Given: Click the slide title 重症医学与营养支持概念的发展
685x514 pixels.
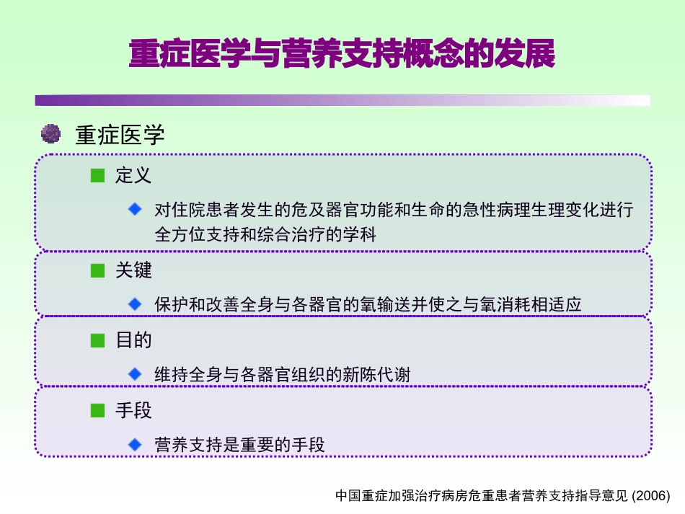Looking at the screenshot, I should pos(342,55).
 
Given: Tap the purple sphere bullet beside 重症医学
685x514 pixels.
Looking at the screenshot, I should pos(50,133).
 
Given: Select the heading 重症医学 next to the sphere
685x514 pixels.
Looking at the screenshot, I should pos(120,135).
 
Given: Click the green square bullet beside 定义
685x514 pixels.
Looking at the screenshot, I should pos(97,175).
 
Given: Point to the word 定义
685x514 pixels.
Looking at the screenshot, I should pos(133,175).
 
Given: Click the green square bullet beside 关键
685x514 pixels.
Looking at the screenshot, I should pos(97,270).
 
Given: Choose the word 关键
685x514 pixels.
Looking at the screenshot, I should pos(133,270).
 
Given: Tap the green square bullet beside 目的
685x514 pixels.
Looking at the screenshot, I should pos(97,340).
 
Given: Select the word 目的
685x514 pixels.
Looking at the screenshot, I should pos(133,340).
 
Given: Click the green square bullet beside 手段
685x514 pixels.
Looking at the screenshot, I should pos(97,411).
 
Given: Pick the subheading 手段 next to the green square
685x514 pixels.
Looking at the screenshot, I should pos(133,411).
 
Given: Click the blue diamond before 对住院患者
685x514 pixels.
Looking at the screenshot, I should pos(135,209).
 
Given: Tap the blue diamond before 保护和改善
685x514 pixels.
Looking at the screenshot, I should pos(135,304).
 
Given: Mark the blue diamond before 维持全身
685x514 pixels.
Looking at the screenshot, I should pos(135,374).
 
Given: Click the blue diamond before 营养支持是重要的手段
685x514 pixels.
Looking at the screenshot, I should pos(135,444).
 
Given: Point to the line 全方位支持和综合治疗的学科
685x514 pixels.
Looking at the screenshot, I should pos(265,234).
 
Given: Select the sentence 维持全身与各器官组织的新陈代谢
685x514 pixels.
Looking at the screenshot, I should pos(283,375).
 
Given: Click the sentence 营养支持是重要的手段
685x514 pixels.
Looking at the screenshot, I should pos(240,445).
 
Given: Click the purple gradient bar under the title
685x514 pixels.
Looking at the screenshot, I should pos(342,100).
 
